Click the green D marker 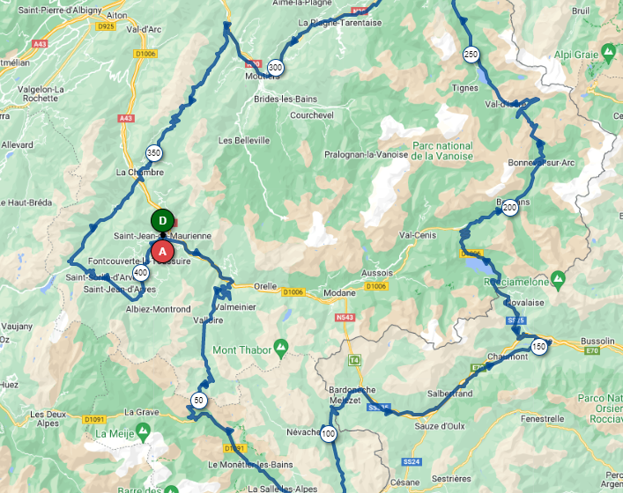tap(161, 220)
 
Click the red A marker tap(162, 250)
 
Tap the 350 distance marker tap(154, 152)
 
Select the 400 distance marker tap(141, 273)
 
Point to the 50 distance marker tap(199, 400)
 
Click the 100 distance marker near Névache tap(329, 434)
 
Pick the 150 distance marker tap(539, 347)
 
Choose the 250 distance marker tap(471, 55)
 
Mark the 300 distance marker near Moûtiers tap(275, 68)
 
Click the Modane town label tap(315, 292)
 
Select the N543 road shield tap(344, 318)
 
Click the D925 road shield tap(107, 27)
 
